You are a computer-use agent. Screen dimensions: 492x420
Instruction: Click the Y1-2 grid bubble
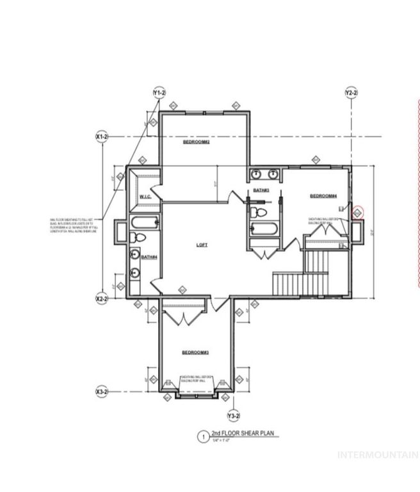pyautogui.click(x=159, y=94)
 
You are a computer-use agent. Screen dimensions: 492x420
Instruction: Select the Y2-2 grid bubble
pyautogui.click(x=351, y=94)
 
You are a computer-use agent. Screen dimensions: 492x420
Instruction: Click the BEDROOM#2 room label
pyautogui.click(x=197, y=142)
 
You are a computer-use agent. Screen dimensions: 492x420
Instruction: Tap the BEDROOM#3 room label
pyautogui.click(x=195, y=352)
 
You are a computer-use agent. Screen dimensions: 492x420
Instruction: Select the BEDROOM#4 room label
pyautogui.click(x=323, y=196)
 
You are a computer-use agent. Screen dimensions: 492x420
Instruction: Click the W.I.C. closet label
pyautogui.click(x=145, y=197)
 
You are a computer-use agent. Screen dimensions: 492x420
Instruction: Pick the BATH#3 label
pyautogui.click(x=261, y=190)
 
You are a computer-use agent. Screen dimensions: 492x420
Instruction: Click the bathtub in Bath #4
pyautogui.click(x=145, y=223)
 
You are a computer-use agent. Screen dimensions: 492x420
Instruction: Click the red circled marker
pyautogui.click(x=358, y=211)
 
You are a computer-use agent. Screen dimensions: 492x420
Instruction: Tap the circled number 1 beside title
pyautogui.click(x=202, y=437)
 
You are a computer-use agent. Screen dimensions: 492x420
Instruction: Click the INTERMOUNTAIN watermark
pyautogui.click(x=378, y=455)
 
